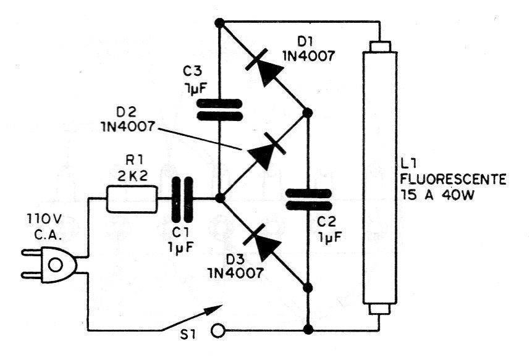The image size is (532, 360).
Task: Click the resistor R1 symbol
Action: pyautogui.click(x=132, y=199)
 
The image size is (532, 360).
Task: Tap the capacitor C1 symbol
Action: pyautogui.click(x=182, y=199)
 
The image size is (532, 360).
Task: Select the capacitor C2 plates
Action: pyautogui.click(x=308, y=199)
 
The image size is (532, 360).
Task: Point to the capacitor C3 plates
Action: pyautogui.click(x=220, y=110)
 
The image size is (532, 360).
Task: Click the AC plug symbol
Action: pyautogui.click(x=49, y=265)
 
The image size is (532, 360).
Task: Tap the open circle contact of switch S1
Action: pyautogui.click(x=218, y=330)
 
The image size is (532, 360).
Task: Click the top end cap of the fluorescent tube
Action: pyautogui.click(x=379, y=46)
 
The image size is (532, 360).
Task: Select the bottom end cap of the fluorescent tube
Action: pyautogui.click(x=379, y=309)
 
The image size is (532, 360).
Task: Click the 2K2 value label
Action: pyautogui.click(x=133, y=175)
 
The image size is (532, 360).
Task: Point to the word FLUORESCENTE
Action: pyautogui.click(x=454, y=178)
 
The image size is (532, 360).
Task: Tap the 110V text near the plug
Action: pyautogui.click(x=44, y=220)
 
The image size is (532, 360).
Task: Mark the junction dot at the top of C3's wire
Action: pyautogui.click(x=220, y=23)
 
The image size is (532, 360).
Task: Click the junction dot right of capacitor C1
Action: pyautogui.click(x=220, y=198)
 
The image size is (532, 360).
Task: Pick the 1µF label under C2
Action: pyautogui.click(x=330, y=237)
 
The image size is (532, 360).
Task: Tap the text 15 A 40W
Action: pyautogui.click(x=437, y=195)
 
